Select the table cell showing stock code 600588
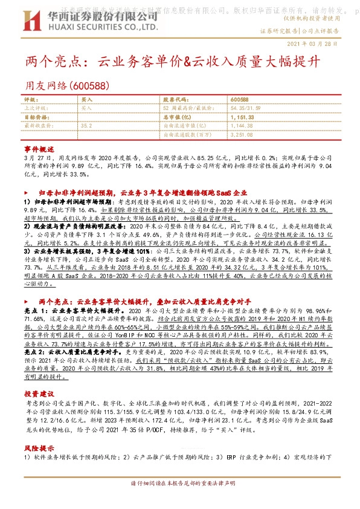(240, 99)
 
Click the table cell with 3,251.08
(242, 135)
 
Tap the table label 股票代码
(173, 99)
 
